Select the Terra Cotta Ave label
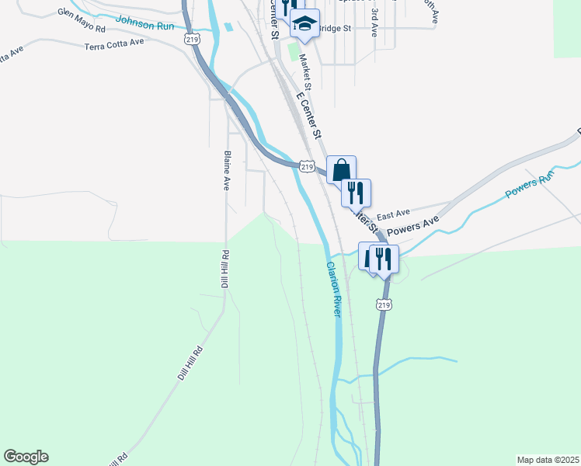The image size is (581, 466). (116, 43)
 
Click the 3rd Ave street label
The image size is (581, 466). (374, 23)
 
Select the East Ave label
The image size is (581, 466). (392, 214)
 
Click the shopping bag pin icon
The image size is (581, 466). (341, 169)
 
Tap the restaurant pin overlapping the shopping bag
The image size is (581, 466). (356, 192)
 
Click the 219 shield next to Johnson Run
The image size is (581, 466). (189, 38)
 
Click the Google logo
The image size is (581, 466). (26, 457)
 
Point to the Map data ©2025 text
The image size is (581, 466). (548, 460)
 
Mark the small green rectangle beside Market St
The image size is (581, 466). (293, 53)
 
